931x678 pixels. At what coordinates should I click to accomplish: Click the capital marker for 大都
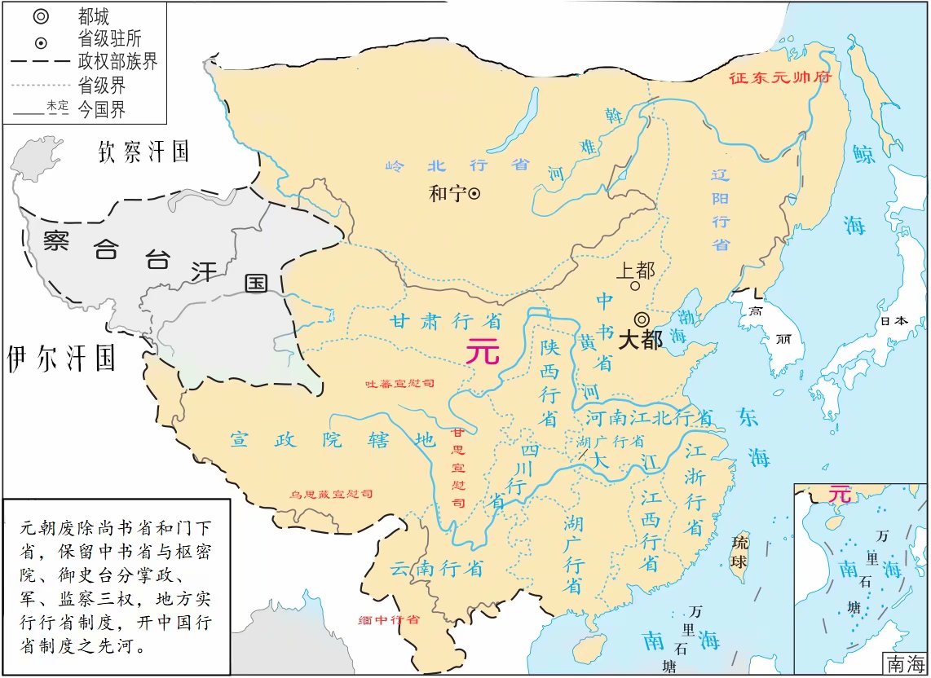(642, 319)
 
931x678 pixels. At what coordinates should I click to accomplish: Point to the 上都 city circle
(634, 285)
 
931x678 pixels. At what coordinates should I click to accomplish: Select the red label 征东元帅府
(778, 79)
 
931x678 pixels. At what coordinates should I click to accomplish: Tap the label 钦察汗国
(143, 151)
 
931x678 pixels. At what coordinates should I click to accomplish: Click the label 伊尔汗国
(61, 359)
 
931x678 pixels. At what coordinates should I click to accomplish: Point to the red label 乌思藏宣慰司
(332, 495)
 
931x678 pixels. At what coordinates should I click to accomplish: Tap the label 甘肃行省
(445, 320)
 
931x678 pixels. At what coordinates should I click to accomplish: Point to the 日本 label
(893, 321)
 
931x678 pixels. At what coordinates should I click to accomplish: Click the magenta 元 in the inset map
(839, 494)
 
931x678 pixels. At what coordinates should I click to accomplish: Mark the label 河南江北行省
(650, 418)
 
